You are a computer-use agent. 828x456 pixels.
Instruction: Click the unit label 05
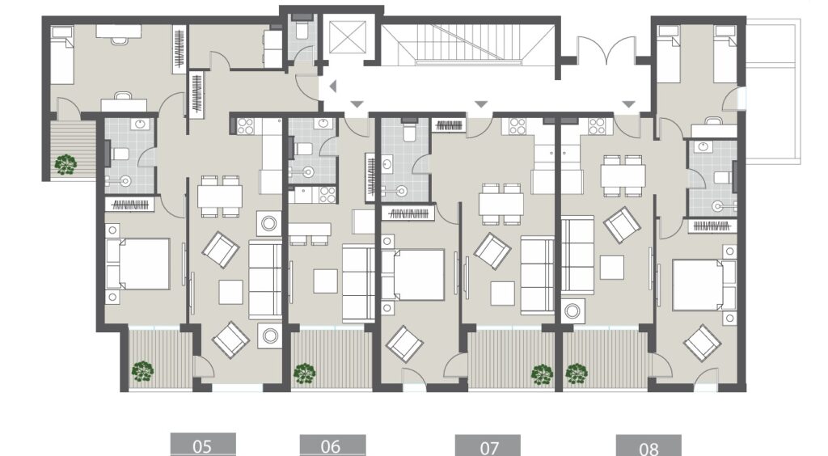pos(202,445)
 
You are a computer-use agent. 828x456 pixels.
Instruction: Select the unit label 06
pos(332,445)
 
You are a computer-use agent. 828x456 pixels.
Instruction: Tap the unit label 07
pos(488,446)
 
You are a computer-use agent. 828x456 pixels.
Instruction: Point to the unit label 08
pos(648,446)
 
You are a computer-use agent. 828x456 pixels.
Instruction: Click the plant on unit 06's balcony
pos(304,374)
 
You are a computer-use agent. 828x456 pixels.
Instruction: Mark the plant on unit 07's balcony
pos(541,374)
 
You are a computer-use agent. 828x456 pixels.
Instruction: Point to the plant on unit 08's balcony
pos(576,374)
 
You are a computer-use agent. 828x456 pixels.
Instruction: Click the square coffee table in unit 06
pos(327,280)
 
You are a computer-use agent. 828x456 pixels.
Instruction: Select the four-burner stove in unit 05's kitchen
pos(246,126)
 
